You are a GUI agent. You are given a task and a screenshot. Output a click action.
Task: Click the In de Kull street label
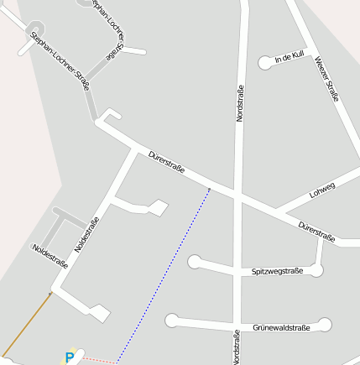(x=289, y=57)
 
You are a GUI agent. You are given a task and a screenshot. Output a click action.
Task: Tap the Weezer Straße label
(x=326, y=78)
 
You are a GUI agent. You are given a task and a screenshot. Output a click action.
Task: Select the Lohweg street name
(x=321, y=190)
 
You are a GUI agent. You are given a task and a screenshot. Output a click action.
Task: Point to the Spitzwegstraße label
(x=277, y=271)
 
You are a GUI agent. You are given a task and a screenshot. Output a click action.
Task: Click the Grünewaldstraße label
(x=281, y=327)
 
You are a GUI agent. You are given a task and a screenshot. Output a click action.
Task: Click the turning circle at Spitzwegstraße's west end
(x=195, y=261)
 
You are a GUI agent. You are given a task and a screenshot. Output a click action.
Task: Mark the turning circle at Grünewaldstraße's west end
(x=172, y=320)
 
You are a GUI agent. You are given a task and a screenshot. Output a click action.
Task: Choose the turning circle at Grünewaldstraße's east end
(x=326, y=325)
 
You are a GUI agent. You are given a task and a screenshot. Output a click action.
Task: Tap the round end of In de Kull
(x=265, y=61)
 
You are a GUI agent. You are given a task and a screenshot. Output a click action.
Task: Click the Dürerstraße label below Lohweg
(x=316, y=231)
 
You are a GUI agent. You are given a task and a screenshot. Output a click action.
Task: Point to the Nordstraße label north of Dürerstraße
(x=239, y=104)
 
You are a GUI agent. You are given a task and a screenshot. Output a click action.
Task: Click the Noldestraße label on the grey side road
(x=50, y=255)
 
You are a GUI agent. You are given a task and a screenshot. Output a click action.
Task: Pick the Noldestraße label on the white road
(x=87, y=234)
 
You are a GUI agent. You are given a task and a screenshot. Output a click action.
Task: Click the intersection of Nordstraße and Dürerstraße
(x=238, y=198)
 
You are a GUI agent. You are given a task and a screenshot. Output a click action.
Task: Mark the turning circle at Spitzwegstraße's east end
(x=316, y=270)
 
